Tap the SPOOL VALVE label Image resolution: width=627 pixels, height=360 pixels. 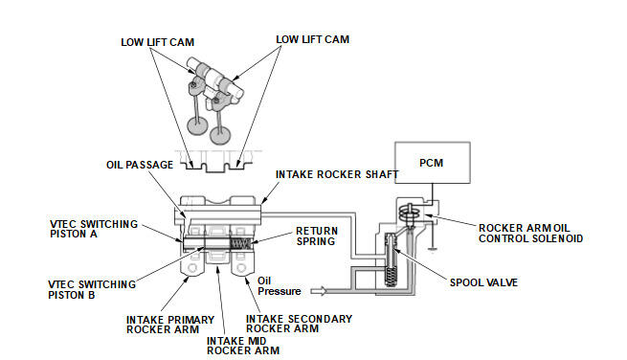(x=483, y=282)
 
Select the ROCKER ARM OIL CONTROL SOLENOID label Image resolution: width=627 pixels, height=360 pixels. (x=530, y=234)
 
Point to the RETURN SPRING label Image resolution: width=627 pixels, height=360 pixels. (x=317, y=236)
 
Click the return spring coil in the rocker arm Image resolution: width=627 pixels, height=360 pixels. (x=240, y=243)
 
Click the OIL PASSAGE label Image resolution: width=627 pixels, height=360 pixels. (x=140, y=165)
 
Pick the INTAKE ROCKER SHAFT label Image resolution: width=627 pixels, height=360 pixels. (x=337, y=174)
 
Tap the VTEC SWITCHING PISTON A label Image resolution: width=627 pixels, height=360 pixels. (x=94, y=229)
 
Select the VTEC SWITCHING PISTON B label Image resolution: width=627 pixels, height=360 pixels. (x=92, y=289)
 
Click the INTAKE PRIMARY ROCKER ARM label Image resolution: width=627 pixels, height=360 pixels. (x=170, y=325)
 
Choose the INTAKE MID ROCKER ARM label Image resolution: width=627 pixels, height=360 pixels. (x=243, y=346)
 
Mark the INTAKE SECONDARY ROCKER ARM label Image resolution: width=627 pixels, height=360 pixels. (x=299, y=324)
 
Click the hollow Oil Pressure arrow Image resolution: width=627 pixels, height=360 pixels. (x=319, y=291)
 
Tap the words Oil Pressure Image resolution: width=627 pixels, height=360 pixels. (x=280, y=286)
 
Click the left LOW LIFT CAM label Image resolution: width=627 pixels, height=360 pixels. (x=158, y=42)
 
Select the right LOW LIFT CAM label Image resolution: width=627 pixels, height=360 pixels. (x=313, y=39)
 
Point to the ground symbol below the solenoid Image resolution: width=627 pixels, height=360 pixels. (x=433, y=250)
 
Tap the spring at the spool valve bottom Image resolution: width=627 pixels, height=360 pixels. (x=390, y=276)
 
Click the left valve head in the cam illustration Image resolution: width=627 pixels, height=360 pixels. (x=198, y=124)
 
